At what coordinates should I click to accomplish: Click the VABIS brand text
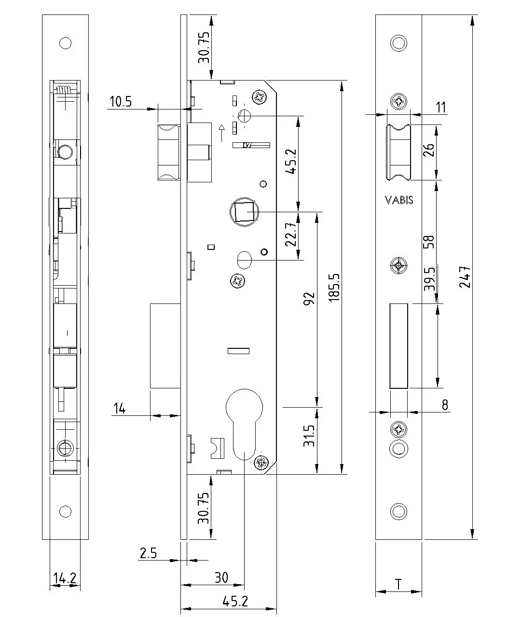399,200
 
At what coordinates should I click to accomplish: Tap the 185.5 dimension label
334,288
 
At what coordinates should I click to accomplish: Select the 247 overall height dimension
465,277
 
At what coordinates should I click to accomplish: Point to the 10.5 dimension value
121,102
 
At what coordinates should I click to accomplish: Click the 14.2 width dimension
65,578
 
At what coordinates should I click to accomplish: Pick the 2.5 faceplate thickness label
148,553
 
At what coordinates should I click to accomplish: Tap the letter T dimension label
398,584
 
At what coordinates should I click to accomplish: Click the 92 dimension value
309,299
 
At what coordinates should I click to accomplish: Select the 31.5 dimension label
309,436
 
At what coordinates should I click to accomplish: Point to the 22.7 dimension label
291,234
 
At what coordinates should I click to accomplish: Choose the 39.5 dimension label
429,279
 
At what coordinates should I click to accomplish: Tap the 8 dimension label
445,405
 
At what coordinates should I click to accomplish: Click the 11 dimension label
441,108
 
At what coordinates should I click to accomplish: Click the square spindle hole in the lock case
244,211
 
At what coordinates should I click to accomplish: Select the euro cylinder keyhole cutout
244,424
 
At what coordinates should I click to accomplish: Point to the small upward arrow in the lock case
222,133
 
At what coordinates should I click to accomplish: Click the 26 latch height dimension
429,150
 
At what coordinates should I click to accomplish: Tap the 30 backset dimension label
221,577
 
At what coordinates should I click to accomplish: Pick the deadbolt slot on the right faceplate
398,346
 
